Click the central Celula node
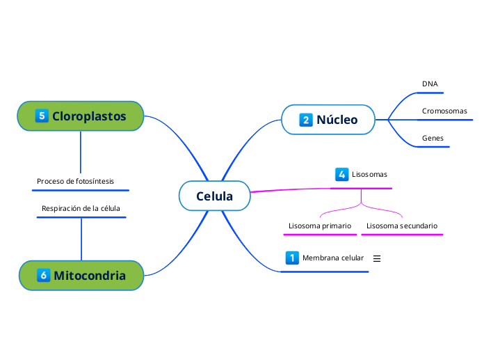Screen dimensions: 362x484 214,196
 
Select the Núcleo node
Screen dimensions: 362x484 328,120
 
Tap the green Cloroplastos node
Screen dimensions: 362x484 81,116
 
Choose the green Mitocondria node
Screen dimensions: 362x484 81,275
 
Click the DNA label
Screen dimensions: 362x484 430,84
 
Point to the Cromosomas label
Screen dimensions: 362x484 444,111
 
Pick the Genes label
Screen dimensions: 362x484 433,139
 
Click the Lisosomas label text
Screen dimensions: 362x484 369,174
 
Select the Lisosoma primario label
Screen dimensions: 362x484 320,226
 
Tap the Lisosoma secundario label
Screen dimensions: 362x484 402,226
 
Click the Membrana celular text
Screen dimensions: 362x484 333,258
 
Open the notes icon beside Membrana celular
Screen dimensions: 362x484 378,258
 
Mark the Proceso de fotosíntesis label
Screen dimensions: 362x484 75,181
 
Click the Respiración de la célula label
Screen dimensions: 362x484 81,208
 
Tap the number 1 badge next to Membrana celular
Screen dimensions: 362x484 292,258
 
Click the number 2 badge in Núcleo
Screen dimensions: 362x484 306,120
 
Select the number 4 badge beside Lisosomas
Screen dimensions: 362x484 341,174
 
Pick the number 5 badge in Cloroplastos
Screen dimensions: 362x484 42,116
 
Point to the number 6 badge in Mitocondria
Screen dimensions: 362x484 43,275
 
